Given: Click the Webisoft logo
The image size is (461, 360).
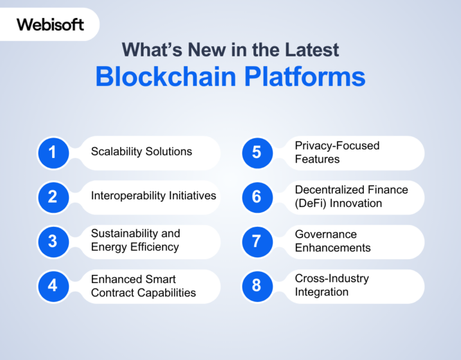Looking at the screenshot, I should (50, 25).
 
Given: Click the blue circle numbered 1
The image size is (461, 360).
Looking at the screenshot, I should (53, 152).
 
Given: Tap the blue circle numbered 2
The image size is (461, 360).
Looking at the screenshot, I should (53, 197).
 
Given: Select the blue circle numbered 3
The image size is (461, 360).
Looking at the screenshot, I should (53, 241).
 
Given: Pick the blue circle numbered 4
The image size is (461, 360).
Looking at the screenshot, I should (53, 286).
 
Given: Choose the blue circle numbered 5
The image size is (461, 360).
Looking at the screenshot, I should (257, 152).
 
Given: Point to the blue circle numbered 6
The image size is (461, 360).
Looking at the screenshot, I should (257, 197).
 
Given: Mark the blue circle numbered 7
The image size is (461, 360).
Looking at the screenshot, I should (257, 241).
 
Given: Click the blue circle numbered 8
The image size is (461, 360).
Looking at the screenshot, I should (257, 286).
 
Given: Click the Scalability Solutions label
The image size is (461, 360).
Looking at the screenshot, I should (142, 152).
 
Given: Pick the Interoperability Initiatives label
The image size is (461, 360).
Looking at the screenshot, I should (154, 196).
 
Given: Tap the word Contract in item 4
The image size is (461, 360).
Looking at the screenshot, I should (112, 293).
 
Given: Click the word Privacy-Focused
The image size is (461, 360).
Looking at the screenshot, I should (337, 146).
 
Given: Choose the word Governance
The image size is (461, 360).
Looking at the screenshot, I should (325, 235).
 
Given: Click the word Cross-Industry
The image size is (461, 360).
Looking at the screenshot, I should (331, 278).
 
